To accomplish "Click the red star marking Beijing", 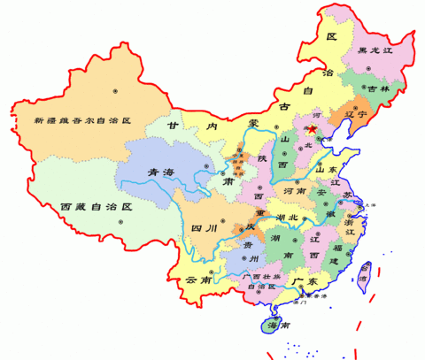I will [311, 130].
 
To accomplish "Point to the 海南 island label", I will [278, 326].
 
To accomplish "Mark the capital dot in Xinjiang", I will [115, 90].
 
